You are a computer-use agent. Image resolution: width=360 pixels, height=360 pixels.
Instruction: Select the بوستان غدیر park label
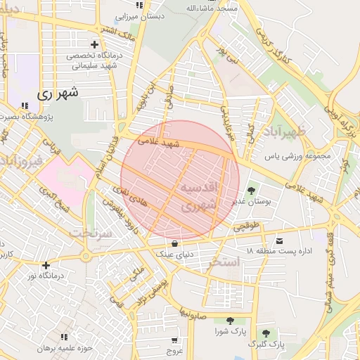click(251, 202)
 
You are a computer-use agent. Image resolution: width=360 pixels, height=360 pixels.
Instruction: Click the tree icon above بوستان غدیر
click(251, 190)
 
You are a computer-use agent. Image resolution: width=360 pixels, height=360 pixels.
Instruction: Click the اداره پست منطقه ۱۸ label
click(280, 252)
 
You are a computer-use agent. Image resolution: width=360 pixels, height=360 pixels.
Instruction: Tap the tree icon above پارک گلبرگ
click(266, 333)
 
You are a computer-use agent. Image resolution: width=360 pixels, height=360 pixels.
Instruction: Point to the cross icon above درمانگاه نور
click(46, 265)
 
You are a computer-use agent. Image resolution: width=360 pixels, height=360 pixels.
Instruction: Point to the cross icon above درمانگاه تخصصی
click(94, 44)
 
